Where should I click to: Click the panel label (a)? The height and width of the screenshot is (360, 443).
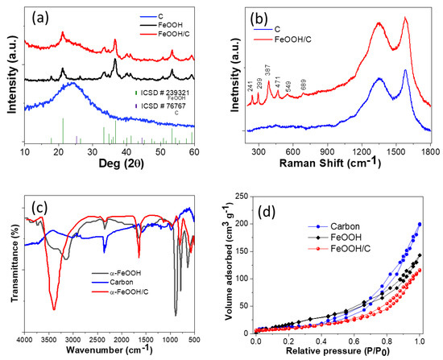41,17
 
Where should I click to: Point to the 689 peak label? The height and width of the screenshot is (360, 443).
304,83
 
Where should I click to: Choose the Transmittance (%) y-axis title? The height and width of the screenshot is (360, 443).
8,267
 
